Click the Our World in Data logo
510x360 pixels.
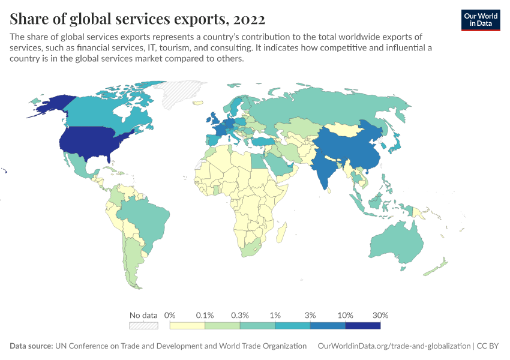[x=480, y=19]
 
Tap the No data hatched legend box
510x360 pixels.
[x=143, y=326]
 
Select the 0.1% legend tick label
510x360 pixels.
[x=205, y=315]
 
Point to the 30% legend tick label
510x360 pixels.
[x=380, y=315]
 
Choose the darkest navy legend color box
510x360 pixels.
[x=363, y=326]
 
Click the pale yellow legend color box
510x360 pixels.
[x=187, y=326]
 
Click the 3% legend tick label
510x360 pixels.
[x=310, y=315]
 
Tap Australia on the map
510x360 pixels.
[x=397, y=241]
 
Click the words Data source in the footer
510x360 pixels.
[x=31, y=346]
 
